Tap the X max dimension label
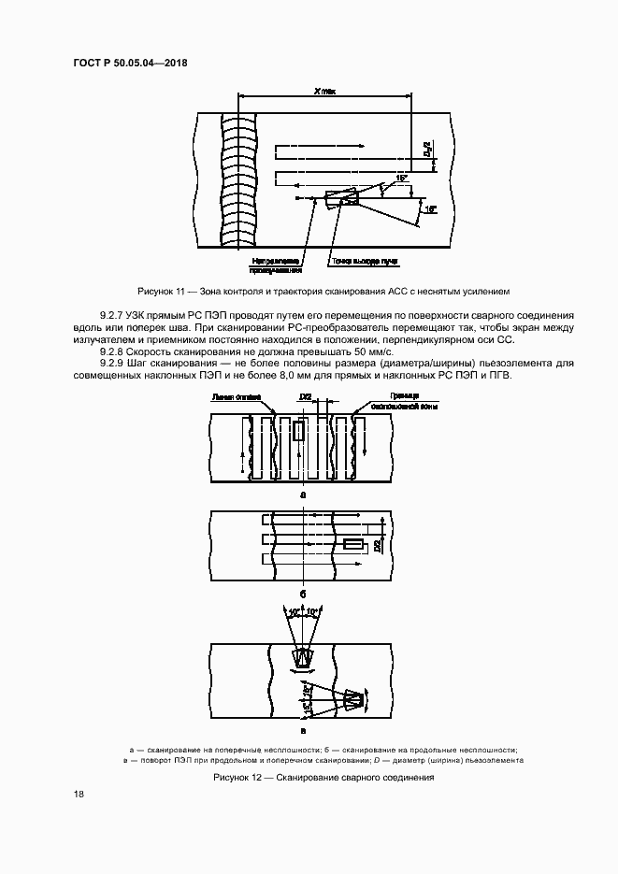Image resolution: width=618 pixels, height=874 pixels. click(x=323, y=89)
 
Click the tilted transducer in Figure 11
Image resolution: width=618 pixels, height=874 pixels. click(x=339, y=197)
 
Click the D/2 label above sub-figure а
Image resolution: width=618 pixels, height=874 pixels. click(x=306, y=397)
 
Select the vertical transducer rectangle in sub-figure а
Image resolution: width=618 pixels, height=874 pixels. click(x=298, y=431)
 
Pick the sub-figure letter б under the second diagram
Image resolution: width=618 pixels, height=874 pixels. click(x=302, y=593)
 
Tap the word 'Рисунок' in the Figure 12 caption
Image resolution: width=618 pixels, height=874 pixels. click(x=234, y=777)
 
